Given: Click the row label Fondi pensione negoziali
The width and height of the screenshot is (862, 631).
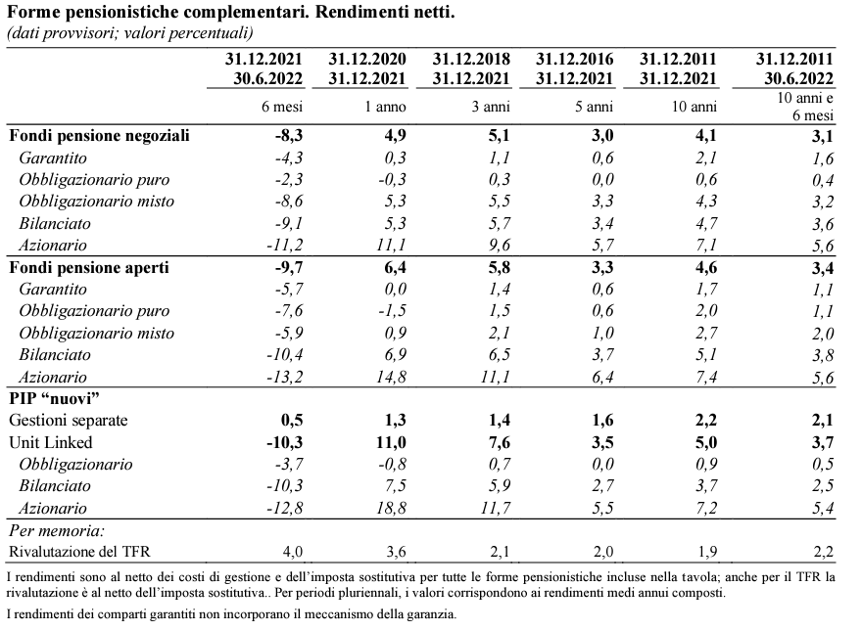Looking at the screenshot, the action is [x=99, y=136].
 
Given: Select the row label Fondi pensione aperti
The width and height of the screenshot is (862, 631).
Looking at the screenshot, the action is [x=89, y=267].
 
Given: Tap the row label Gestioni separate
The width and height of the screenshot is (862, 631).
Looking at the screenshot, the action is [x=69, y=420].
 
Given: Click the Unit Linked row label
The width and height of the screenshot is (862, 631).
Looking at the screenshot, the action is [x=51, y=442].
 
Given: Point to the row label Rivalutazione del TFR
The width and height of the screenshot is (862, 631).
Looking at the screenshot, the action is [x=79, y=552].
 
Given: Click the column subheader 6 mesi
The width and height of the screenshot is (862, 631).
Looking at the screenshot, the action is [x=282, y=107].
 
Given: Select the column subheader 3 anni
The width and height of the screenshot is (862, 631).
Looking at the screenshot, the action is [x=491, y=107].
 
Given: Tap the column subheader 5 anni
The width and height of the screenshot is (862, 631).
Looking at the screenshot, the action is [x=594, y=107].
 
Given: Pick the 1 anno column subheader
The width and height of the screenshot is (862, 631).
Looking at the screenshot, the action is [x=385, y=107].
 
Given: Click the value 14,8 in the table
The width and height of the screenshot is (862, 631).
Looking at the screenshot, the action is [x=392, y=377].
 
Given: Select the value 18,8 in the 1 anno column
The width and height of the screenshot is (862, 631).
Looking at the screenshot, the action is [x=392, y=508].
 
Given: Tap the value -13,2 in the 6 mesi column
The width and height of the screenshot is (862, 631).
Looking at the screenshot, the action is [x=285, y=377].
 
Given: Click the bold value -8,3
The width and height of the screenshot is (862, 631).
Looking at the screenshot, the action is [x=289, y=136].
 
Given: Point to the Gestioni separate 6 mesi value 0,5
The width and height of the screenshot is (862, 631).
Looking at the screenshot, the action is [x=292, y=420].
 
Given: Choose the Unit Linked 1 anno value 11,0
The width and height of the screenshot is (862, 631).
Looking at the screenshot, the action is [x=391, y=442].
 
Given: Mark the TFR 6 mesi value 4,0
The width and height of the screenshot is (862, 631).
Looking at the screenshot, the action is [x=293, y=552].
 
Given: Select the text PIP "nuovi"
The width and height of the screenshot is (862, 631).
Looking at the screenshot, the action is [x=54, y=398].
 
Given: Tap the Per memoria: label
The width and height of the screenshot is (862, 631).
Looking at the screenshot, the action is [x=57, y=531].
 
